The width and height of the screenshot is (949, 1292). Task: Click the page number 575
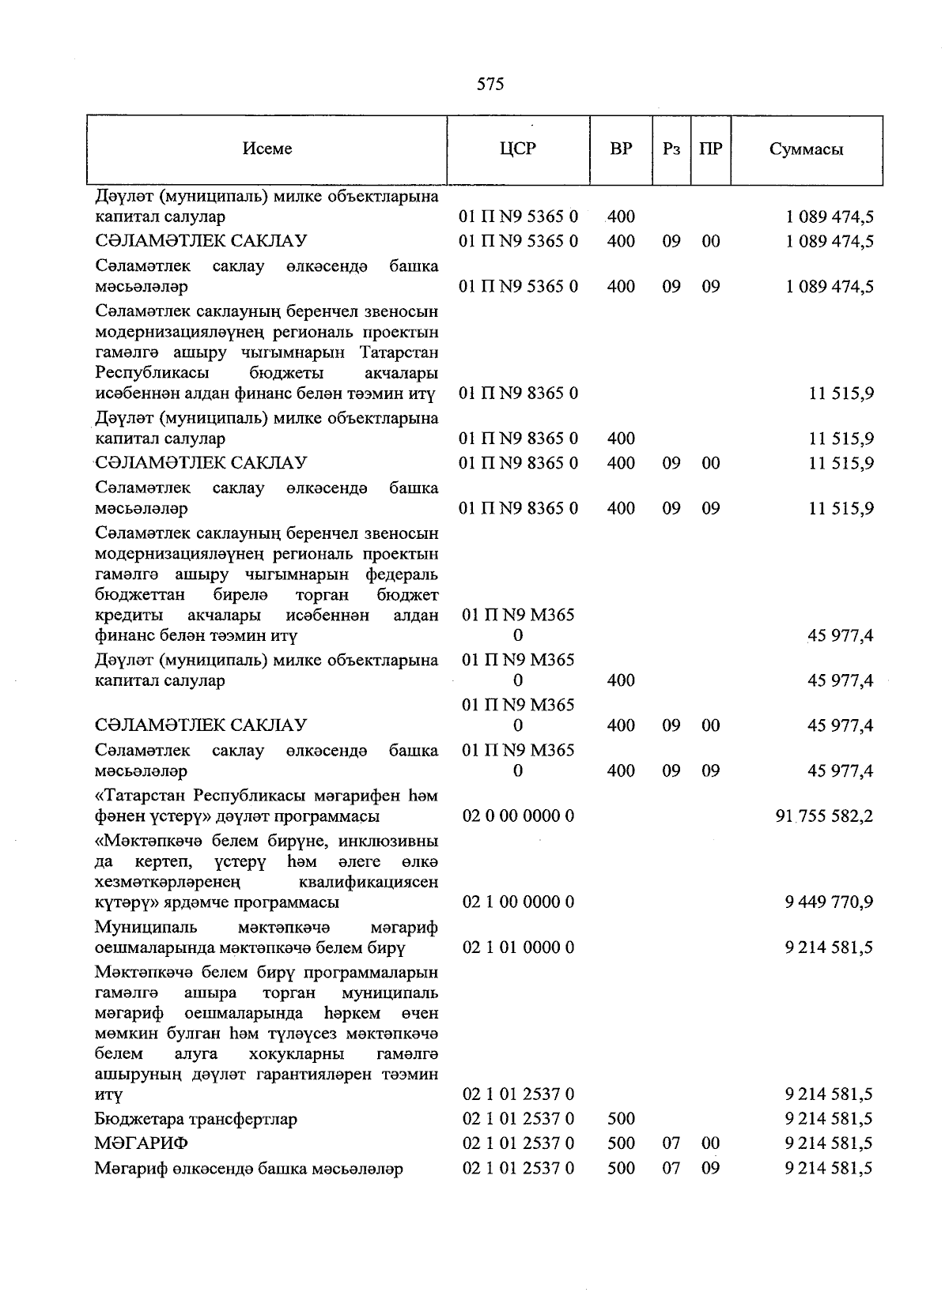[x=490, y=85]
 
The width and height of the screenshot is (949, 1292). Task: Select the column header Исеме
[x=267, y=149]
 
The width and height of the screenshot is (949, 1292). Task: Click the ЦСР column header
[x=518, y=149]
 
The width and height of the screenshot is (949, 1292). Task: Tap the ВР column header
[x=621, y=149]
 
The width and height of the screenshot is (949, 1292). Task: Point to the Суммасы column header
[x=806, y=149]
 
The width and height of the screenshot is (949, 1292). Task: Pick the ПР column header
[x=710, y=149]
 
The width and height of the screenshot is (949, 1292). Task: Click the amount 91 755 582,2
[x=824, y=816]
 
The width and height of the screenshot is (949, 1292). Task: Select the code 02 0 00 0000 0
[x=518, y=816]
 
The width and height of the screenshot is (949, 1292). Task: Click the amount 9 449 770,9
[x=829, y=902]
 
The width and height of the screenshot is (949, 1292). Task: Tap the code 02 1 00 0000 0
[x=518, y=902]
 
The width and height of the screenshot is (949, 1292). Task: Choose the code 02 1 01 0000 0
[x=518, y=947]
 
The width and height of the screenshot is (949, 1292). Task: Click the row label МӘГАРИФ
[x=142, y=1143]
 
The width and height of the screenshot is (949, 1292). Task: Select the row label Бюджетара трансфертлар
[x=195, y=1119]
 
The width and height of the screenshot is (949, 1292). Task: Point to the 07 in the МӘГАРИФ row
[x=671, y=1143]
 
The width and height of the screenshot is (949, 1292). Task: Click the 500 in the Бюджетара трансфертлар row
[x=621, y=1119]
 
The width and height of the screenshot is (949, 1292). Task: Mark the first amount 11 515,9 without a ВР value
[x=841, y=394]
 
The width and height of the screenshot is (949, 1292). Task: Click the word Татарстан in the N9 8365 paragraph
[x=399, y=352]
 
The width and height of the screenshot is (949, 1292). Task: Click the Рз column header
[x=671, y=149]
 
